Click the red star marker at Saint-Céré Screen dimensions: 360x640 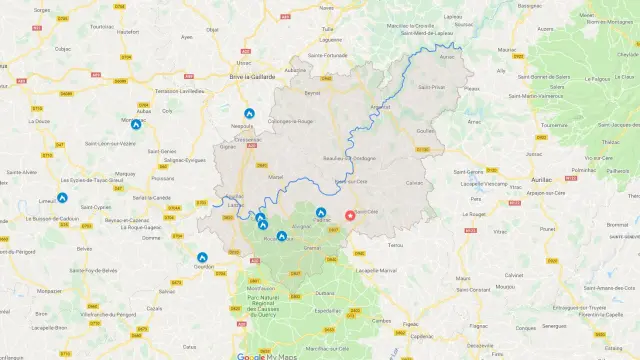point(350,214)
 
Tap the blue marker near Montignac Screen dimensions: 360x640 point(136,125)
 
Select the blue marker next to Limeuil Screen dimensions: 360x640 point(62,198)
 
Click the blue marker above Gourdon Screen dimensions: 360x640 point(202,257)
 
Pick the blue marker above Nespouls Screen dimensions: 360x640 point(249,114)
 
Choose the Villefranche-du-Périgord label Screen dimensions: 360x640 point(84,313)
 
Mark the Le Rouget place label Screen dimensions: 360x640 point(475,214)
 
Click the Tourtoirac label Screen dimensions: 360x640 point(102,27)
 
